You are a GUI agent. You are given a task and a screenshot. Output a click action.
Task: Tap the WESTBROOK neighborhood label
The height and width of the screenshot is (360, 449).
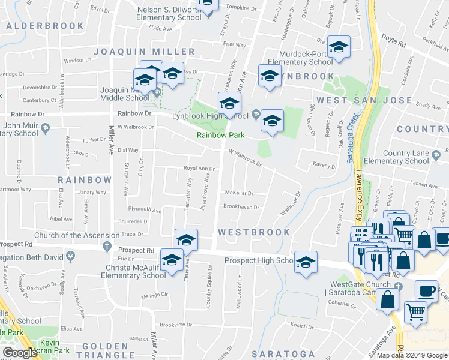pyautogui.click(x=254, y=232)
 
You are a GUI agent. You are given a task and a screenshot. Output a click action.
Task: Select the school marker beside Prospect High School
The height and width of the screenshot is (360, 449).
pyautogui.click(x=306, y=263)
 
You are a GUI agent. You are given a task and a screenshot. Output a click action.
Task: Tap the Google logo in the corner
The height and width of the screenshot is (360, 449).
pyautogui.click(x=20, y=353)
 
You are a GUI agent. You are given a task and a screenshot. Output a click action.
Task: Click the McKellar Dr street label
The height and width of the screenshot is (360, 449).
pyautogui.click(x=239, y=193)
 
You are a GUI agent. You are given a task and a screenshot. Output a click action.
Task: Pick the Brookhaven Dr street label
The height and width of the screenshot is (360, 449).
pyautogui.click(x=241, y=207)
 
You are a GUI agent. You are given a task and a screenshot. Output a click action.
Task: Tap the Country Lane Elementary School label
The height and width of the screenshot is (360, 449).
pyautogui.click(x=406, y=157)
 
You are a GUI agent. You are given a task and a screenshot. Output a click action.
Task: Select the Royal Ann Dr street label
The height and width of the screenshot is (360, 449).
pyautogui.click(x=199, y=169)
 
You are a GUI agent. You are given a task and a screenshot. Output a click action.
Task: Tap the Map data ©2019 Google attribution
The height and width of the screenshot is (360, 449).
pyautogui.click(x=411, y=355)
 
